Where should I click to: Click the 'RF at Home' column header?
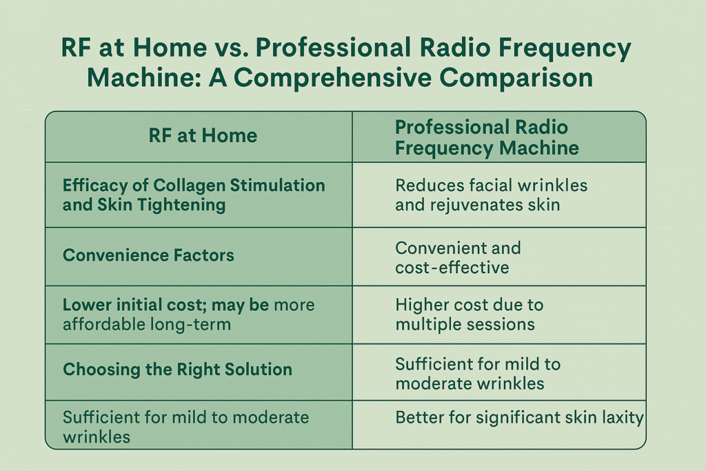[x=203, y=136]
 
